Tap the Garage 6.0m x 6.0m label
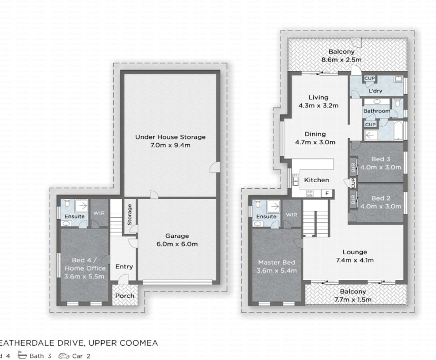pos(176,240)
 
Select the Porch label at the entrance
pos(124,296)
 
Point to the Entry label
pos(124,267)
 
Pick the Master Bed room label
pos(276,266)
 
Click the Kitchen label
pos(316,180)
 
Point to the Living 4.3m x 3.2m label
pos(319,101)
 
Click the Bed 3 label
pos(380,164)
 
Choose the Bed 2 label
pos(380,203)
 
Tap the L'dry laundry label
pos(375,92)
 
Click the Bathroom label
pos(377,111)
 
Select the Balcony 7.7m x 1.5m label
pos(353,295)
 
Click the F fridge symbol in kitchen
pos(327,194)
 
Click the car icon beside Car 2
pos(64,356)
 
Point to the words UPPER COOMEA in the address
pos(123,343)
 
